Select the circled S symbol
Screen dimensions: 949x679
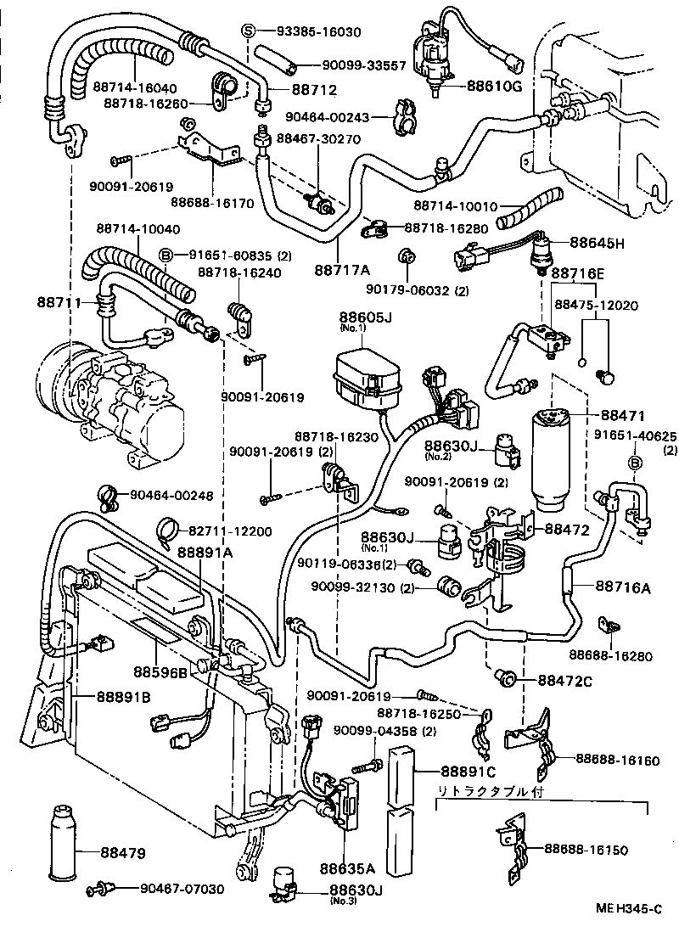pyautogui.click(x=249, y=31)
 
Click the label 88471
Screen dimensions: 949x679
pyautogui.click(x=624, y=416)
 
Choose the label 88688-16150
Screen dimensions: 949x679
pyautogui.click(x=592, y=848)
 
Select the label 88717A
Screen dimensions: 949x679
pyautogui.click(x=343, y=270)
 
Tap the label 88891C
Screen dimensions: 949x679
pyautogui.click(x=467, y=772)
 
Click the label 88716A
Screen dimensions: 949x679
pyautogui.click(x=623, y=586)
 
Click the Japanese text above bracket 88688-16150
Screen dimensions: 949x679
pyautogui.click(x=491, y=791)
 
